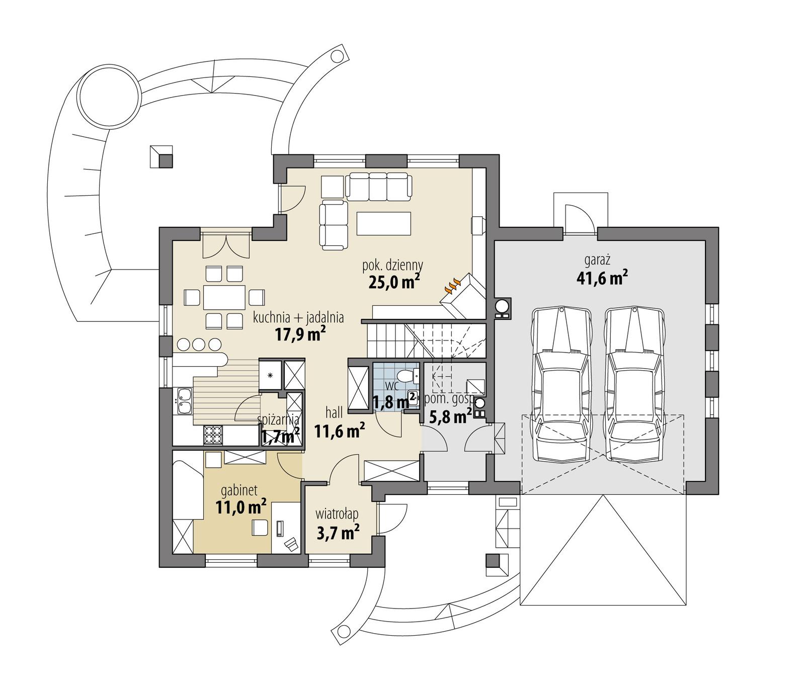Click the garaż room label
tap(597, 261)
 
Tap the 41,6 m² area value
tap(602, 278)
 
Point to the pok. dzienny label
tap(392, 265)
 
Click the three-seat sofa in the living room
tap(378, 186)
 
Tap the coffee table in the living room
tap(383, 223)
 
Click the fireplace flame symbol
tap(452, 286)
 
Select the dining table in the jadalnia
tap(224, 297)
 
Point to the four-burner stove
tap(213, 435)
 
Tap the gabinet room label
tap(239, 490)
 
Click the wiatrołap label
tap(337, 514)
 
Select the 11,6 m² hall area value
tap(340, 430)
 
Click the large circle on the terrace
tap(108, 97)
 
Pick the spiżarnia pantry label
tap(278, 419)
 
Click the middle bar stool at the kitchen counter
tap(199, 344)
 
